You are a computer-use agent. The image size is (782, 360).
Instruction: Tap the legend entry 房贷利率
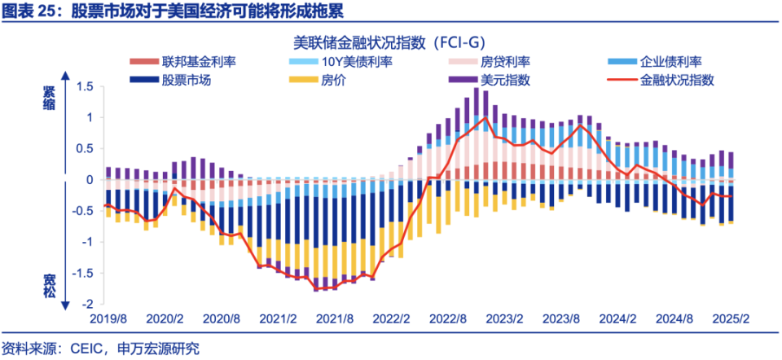tap(505, 62)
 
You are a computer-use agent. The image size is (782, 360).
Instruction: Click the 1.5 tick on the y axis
tap(85, 87)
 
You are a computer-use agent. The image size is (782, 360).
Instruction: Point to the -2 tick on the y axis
tap(89, 304)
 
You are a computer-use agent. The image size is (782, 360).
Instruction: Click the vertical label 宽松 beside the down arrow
tap(50, 284)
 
